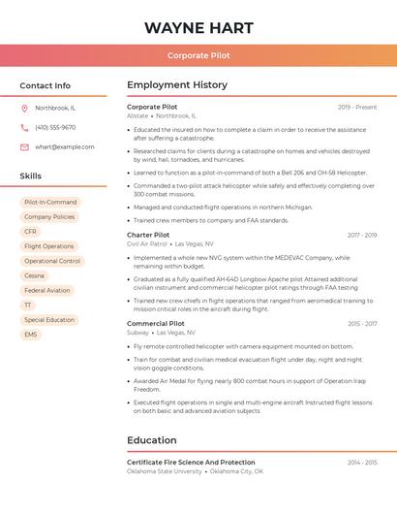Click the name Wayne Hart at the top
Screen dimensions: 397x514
[198, 27]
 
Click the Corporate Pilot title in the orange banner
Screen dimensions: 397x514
[198, 55]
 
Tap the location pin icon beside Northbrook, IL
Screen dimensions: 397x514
[24, 108]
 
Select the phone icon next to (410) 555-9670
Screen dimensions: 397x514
[24, 127]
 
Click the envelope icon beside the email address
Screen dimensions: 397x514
[24, 146]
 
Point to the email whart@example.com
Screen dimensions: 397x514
[65, 146]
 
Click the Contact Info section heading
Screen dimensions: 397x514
[46, 85]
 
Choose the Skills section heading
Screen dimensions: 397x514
[31, 176]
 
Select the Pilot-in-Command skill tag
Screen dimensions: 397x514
[50, 203]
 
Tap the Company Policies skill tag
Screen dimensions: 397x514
[49, 217]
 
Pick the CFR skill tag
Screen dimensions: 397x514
[30, 232]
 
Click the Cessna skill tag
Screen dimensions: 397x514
[34, 275]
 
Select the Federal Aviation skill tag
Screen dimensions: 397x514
[46, 290]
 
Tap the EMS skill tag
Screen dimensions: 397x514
[31, 335]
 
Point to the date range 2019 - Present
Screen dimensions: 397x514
[357, 107]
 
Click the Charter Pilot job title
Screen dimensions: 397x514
[148, 235]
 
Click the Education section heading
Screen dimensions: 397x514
[152, 440]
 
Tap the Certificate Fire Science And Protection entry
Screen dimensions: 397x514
[191, 463]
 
